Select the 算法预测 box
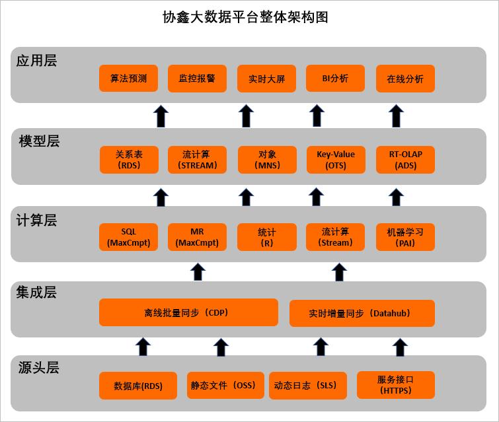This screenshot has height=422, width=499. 129,79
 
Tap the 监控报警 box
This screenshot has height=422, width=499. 197,79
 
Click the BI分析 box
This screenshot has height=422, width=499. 335,79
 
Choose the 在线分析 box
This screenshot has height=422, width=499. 405,79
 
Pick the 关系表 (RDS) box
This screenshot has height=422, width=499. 129,160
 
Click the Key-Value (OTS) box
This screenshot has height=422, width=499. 336,160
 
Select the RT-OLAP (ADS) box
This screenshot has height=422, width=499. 406,160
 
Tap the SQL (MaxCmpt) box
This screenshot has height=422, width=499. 129,238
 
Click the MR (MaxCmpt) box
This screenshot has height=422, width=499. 197,238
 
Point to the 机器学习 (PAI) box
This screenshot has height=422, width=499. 406,238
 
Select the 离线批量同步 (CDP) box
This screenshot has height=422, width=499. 188,312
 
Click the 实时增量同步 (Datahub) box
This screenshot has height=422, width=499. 362,314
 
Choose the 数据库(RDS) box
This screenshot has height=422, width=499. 138,386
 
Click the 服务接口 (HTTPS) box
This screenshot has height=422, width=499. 396,385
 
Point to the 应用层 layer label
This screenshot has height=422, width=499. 37,61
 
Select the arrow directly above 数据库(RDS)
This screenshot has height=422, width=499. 143,346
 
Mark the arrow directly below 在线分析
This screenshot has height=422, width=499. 397,116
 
